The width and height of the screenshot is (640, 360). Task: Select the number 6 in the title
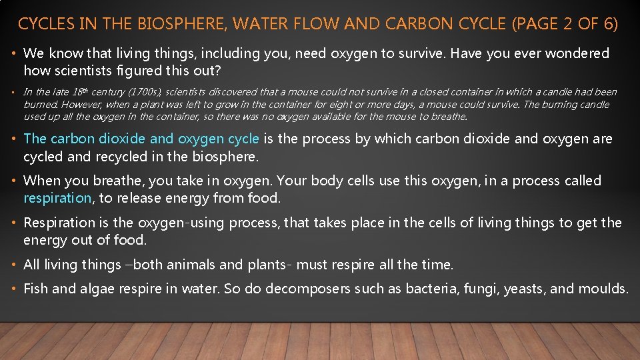point(608,25)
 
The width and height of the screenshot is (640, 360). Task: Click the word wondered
point(577,53)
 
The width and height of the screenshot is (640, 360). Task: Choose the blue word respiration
point(57,198)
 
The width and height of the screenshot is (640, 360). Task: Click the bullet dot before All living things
point(15,265)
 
